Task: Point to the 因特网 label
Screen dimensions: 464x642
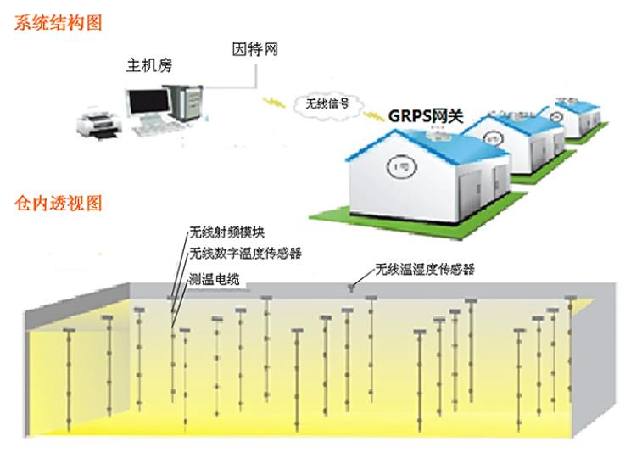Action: click(x=254, y=50)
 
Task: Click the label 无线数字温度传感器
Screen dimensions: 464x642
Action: click(x=245, y=253)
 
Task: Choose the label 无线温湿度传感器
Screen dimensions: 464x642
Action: click(x=424, y=270)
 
